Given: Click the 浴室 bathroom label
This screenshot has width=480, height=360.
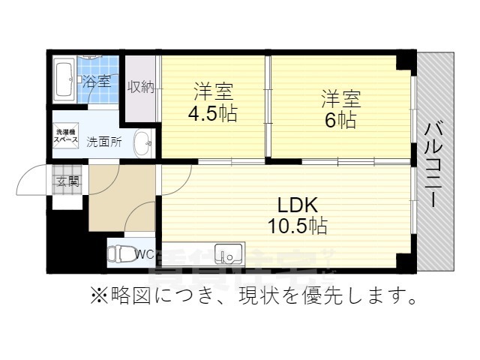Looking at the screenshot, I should click(95, 81).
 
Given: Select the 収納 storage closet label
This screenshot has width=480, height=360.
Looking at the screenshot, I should click(140, 87).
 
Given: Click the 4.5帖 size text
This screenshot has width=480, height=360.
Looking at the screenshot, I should click(213, 115).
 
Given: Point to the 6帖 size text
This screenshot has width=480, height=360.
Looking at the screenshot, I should click(340, 120).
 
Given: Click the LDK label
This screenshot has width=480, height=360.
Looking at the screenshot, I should click(298, 204).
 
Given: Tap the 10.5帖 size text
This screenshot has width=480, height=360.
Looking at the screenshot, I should click(298, 224).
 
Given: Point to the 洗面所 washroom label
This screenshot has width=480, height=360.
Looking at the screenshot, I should click(103, 141).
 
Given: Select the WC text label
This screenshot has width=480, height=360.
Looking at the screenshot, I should click(145, 254).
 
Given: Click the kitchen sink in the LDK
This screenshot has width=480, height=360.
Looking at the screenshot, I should click(229, 255).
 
